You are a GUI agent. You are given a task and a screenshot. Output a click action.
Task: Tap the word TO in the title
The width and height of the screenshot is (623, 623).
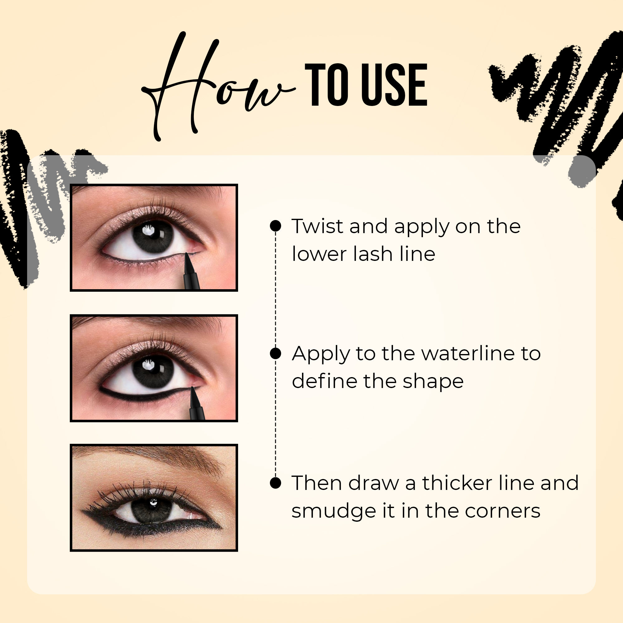coord(326,85)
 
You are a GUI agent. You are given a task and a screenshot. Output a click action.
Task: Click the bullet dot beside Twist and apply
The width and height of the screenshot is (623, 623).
coord(276,226)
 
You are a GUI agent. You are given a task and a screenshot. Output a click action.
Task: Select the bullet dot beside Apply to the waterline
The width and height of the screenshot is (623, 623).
coord(276,353)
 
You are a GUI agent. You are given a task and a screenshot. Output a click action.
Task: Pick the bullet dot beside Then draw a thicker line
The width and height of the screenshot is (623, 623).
coord(276,483)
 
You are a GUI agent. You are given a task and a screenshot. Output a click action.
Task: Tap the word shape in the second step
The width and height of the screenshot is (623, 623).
coord(433,382)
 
